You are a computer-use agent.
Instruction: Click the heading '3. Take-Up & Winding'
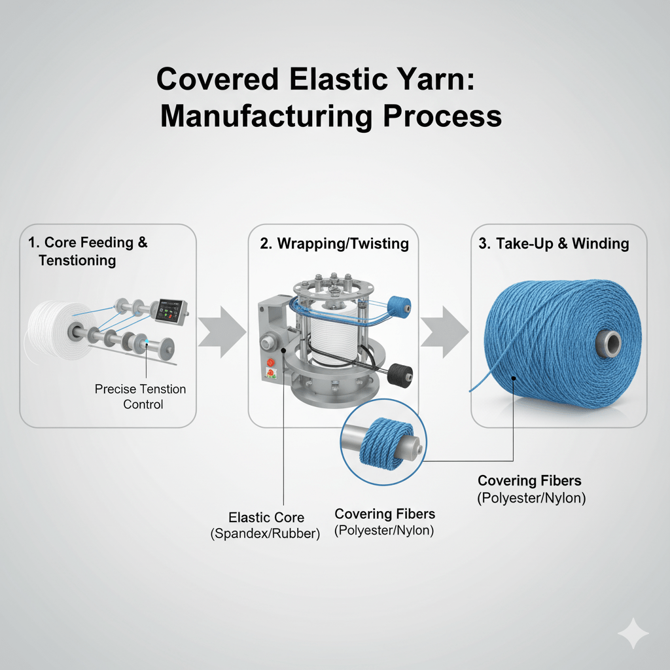[x=553, y=244]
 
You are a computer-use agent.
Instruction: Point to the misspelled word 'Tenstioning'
[x=77, y=260]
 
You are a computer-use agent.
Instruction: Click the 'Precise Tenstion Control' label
[x=140, y=397]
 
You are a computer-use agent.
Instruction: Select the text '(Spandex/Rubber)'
[x=266, y=534]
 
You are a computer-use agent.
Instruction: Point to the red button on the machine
[x=268, y=363]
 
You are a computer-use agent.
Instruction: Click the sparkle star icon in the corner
[x=633, y=633]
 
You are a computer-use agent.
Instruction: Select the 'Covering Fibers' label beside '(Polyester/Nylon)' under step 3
[x=529, y=481]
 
